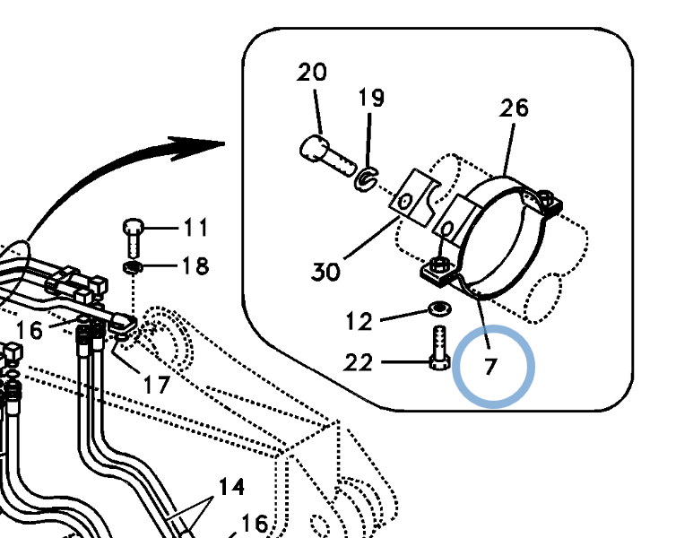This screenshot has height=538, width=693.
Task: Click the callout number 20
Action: [x=312, y=72]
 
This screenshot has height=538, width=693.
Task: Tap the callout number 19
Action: [x=371, y=97]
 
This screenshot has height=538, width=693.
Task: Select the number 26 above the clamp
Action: [x=514, y=108]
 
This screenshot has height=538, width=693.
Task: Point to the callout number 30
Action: [x=325, y=272]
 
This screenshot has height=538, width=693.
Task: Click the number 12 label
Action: [x=359, y=321]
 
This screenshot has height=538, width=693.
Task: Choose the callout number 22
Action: [x=358, y=363]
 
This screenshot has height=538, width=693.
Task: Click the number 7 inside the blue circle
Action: [x=490, y=367]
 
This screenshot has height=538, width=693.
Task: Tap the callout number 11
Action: [x=195, y=228]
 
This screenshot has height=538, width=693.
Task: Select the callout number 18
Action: [x=195, y=266]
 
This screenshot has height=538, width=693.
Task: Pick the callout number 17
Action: [x=157, y=385]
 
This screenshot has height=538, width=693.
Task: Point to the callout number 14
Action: [x=231, y=487]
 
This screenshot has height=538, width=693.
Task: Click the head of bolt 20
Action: [x=314, y=148]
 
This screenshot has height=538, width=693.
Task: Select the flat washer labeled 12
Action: [x=440, y=308]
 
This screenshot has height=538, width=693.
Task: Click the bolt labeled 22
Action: [x=440, y=348]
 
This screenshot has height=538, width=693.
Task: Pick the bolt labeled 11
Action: [x=133, y=238]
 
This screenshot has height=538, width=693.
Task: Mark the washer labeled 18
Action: [x=133, y=267]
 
